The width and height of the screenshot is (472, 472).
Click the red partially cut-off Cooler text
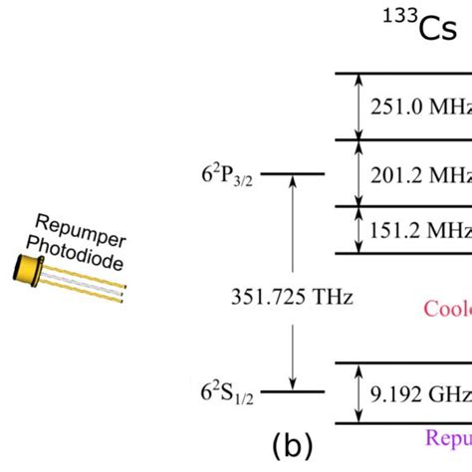[x=447, y=308]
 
